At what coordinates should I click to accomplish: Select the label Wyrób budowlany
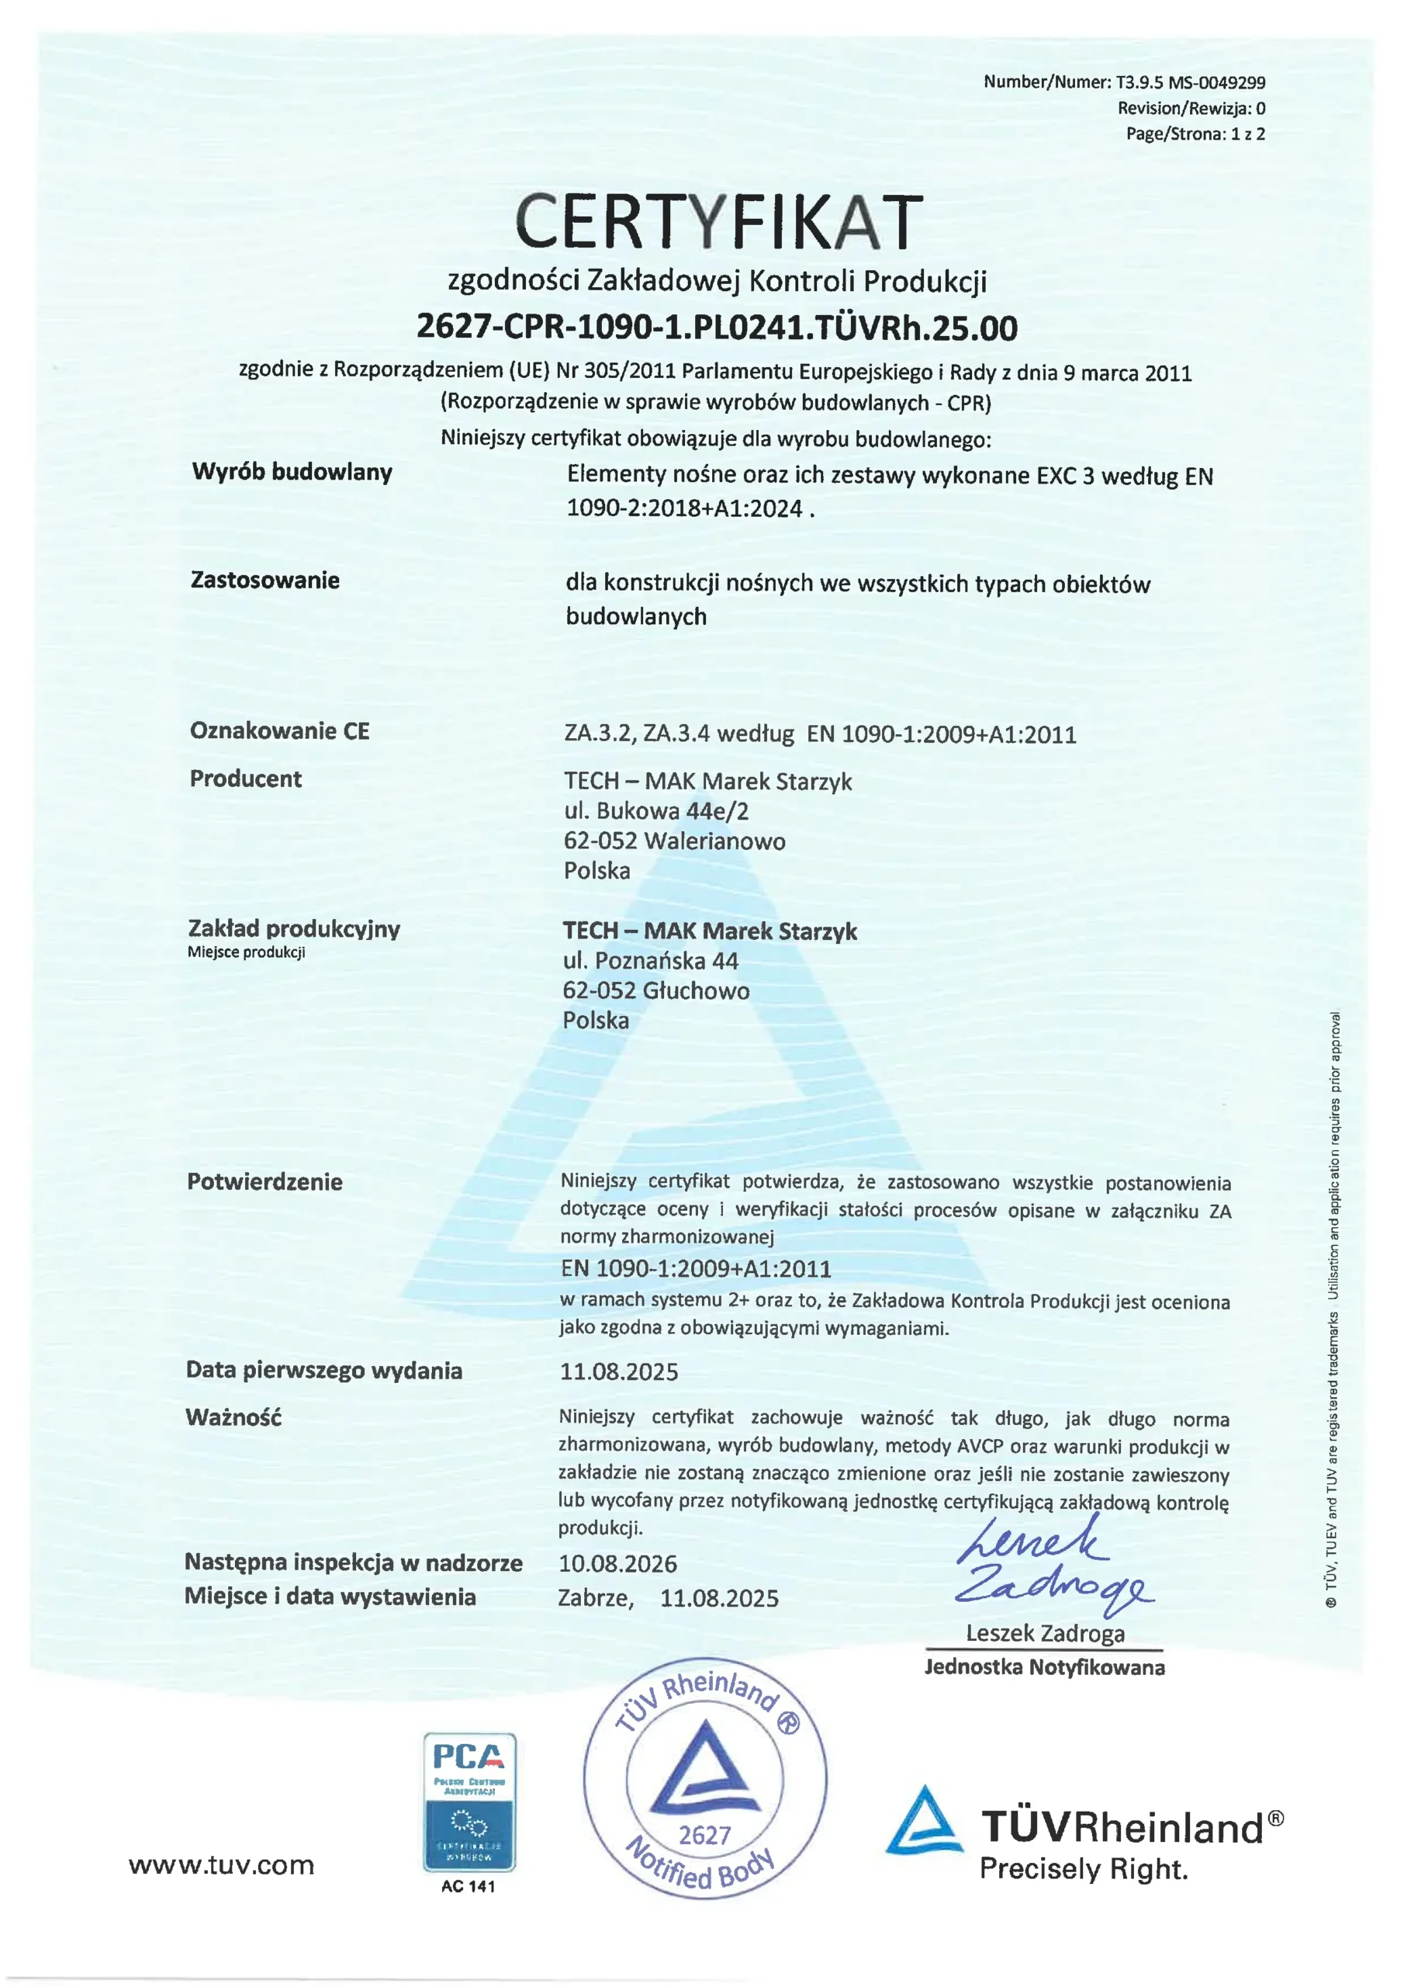[x=292, y=472]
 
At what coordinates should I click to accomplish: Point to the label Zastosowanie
[x=265, y=580]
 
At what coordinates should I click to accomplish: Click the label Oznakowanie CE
[x=279, y=730]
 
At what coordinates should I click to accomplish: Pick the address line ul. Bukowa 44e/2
[x=655, y=811]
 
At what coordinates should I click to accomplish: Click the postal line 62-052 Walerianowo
[x=674, y=841]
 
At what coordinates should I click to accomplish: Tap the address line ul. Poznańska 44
[x=651, y=961]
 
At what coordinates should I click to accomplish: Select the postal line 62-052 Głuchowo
[x=655, y=990]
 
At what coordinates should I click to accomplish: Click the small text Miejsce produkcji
[x=247, y=953]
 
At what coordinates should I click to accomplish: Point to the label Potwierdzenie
[x=265, y=1182]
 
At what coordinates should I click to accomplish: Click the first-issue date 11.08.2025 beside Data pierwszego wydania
[x=618, y=1371]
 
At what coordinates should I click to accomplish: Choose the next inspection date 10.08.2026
[x=617, y=1564]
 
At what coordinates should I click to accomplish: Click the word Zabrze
[x=595, y=1597]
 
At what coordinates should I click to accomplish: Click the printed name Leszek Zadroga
[x=1045, y=1634]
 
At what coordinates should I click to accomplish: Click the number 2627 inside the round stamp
[x=704, y=1836]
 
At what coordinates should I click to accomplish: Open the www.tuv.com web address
[x=221, y=1865]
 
